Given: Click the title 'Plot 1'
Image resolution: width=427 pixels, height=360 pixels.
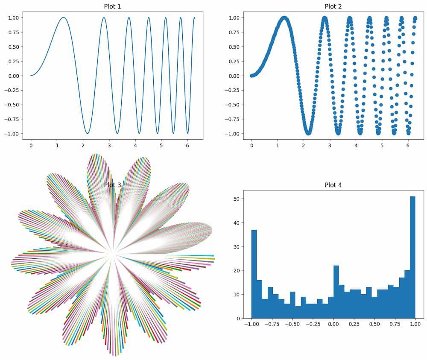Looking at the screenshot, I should [112, 6].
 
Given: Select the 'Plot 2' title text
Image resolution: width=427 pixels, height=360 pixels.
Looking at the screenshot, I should [333, 6].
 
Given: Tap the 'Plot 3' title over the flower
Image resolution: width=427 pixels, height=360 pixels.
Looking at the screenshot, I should [112, 185].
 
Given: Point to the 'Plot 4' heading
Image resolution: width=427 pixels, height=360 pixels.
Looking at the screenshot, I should [333, 185].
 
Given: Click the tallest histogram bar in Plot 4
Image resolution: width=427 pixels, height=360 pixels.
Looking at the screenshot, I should [412, 256].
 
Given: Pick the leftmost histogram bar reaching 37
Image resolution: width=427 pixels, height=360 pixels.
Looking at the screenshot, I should [254, 273].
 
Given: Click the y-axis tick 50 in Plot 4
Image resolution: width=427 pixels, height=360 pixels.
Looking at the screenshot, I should [242, 199].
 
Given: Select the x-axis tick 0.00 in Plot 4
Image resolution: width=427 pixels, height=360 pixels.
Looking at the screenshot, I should [333, 324].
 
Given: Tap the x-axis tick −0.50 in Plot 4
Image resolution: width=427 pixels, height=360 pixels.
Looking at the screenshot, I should [292, 324].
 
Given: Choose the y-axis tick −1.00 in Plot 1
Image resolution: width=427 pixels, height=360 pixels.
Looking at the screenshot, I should [13, 134].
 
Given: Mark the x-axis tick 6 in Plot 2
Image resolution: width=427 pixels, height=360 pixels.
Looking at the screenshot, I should [408, 146].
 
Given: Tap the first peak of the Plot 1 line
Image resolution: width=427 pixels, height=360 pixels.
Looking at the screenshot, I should [63, 18].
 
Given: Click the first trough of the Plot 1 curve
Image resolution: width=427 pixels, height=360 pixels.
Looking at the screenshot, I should [87, 133].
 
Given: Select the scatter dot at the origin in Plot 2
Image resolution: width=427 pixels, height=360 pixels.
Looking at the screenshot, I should [252, 76].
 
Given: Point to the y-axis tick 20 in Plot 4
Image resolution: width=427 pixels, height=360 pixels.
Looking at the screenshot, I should [242, 270].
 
